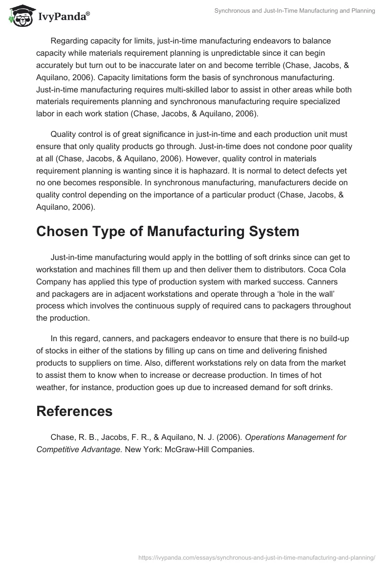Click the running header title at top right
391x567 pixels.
(294, 11)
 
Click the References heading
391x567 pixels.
(74, 411)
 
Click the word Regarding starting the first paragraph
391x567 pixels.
(70, 41)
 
